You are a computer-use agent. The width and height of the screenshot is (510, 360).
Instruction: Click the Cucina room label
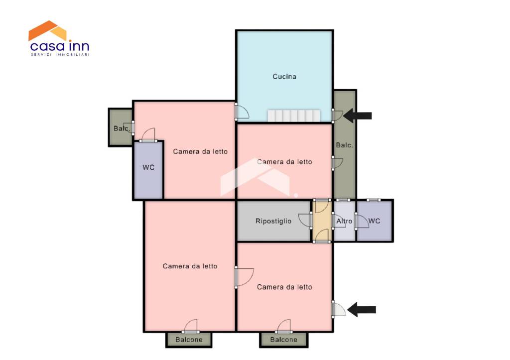284,76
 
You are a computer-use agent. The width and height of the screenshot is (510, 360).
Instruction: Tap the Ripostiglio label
273,221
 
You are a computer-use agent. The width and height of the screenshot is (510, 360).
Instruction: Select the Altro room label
344,221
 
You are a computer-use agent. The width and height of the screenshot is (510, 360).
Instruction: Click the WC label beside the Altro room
374,221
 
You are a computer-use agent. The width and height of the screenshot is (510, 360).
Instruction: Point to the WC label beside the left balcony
148,167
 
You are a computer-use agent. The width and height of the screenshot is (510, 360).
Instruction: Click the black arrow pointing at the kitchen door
358,116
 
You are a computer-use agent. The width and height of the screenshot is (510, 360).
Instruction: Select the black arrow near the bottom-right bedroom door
362,310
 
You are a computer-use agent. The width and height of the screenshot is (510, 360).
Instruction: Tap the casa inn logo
59,38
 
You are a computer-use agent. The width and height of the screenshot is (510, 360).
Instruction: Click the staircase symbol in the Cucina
294,116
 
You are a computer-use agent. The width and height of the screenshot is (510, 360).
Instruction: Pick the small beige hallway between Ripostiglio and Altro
322,221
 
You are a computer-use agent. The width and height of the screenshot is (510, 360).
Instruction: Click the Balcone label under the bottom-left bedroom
189,340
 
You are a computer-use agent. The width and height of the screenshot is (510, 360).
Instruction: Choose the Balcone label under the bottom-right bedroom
283,340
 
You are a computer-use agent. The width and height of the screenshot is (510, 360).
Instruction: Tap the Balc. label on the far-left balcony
122,128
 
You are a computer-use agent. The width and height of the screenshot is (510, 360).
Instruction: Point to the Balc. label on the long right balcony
345,145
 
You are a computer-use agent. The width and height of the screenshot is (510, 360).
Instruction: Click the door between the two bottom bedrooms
244,277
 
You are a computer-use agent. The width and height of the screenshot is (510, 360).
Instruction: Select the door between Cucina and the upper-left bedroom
242,112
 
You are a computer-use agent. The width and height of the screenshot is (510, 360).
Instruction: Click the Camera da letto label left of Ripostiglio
190,266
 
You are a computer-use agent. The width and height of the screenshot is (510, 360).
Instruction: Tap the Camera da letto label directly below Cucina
284,162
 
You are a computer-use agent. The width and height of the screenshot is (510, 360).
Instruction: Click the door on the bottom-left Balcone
191,327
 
